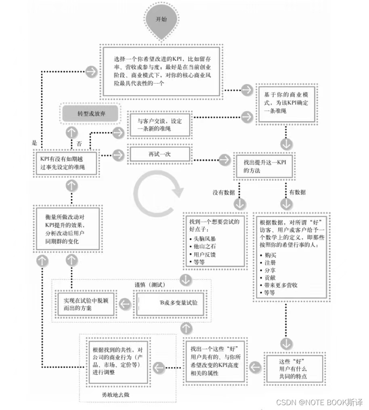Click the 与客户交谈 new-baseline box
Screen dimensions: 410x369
(159, 124)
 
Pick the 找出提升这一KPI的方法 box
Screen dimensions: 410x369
(263, 166)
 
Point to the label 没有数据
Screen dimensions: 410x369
(224, 192)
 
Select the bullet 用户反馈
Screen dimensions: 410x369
(207, 254)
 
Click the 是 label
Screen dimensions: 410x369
(34, 143)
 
